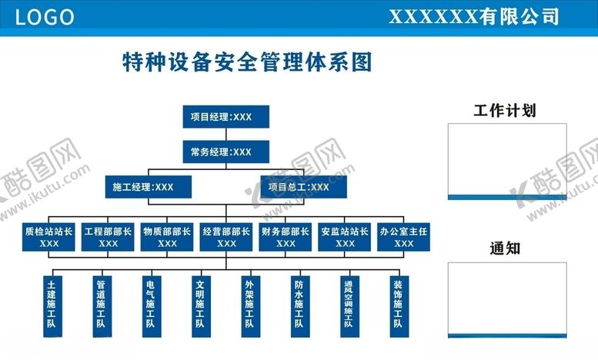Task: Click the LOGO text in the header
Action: click(44, 17)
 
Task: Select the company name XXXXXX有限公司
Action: click(473, 17)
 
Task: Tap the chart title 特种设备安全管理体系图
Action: click(247, 62)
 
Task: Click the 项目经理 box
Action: click(226, 117)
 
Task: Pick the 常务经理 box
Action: click(226, 152)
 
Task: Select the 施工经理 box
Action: click(149, 187)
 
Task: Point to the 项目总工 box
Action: click(303, 187)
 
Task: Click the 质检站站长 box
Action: click(48, 237)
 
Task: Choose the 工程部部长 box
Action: click(108, 237)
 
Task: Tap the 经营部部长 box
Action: click(226, 237)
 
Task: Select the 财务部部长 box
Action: click(286, 237)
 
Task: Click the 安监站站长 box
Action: click(344, 237)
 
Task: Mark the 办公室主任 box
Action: click(403, 237)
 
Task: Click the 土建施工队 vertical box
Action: click(52, 307)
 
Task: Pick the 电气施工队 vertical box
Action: click(152, 307)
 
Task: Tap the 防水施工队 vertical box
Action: click(300, 307)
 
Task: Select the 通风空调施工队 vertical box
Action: click(349, 307)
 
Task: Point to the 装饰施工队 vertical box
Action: click(399, 307)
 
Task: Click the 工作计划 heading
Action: click(505, 111)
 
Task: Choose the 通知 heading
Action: click(505, 248)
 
